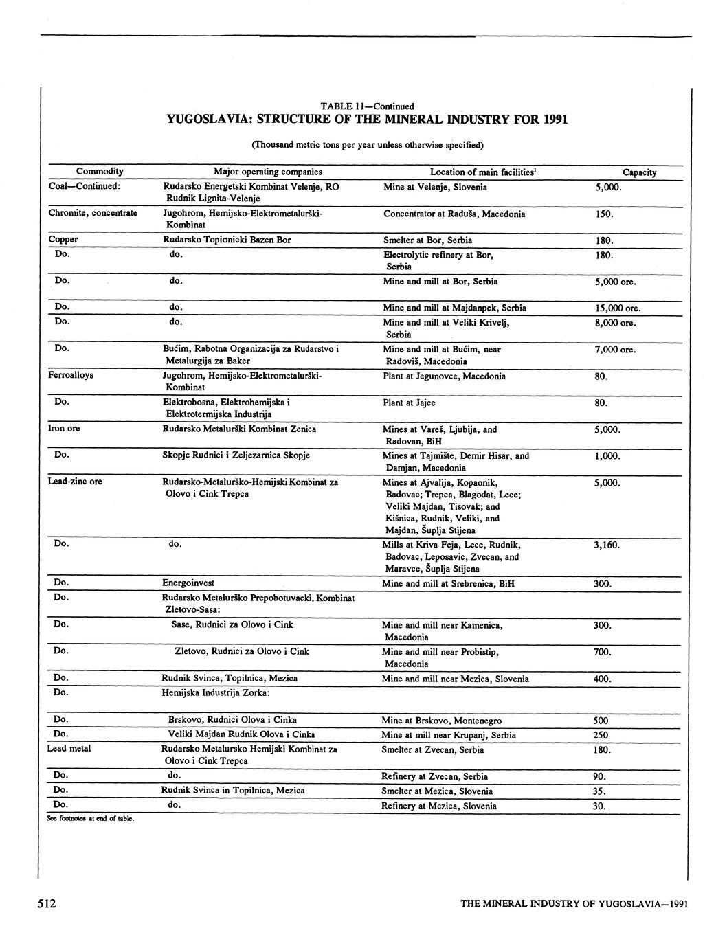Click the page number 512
click(47, 904)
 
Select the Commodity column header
click(100, 172)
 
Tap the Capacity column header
click(639, 172)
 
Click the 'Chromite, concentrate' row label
click(93, 214)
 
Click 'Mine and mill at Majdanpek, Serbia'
click(454, 308)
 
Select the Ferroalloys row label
click(71, 376)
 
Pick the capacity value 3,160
click(607, 545)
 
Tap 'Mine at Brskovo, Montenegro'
click(442, 721)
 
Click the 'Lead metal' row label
click(69, 748)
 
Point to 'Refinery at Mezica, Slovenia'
click(438, 806)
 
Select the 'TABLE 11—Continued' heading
click(367, 106)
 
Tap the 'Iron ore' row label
click(64, 429)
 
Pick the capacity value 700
click(602, 652)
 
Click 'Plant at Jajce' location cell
click(409, 403)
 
